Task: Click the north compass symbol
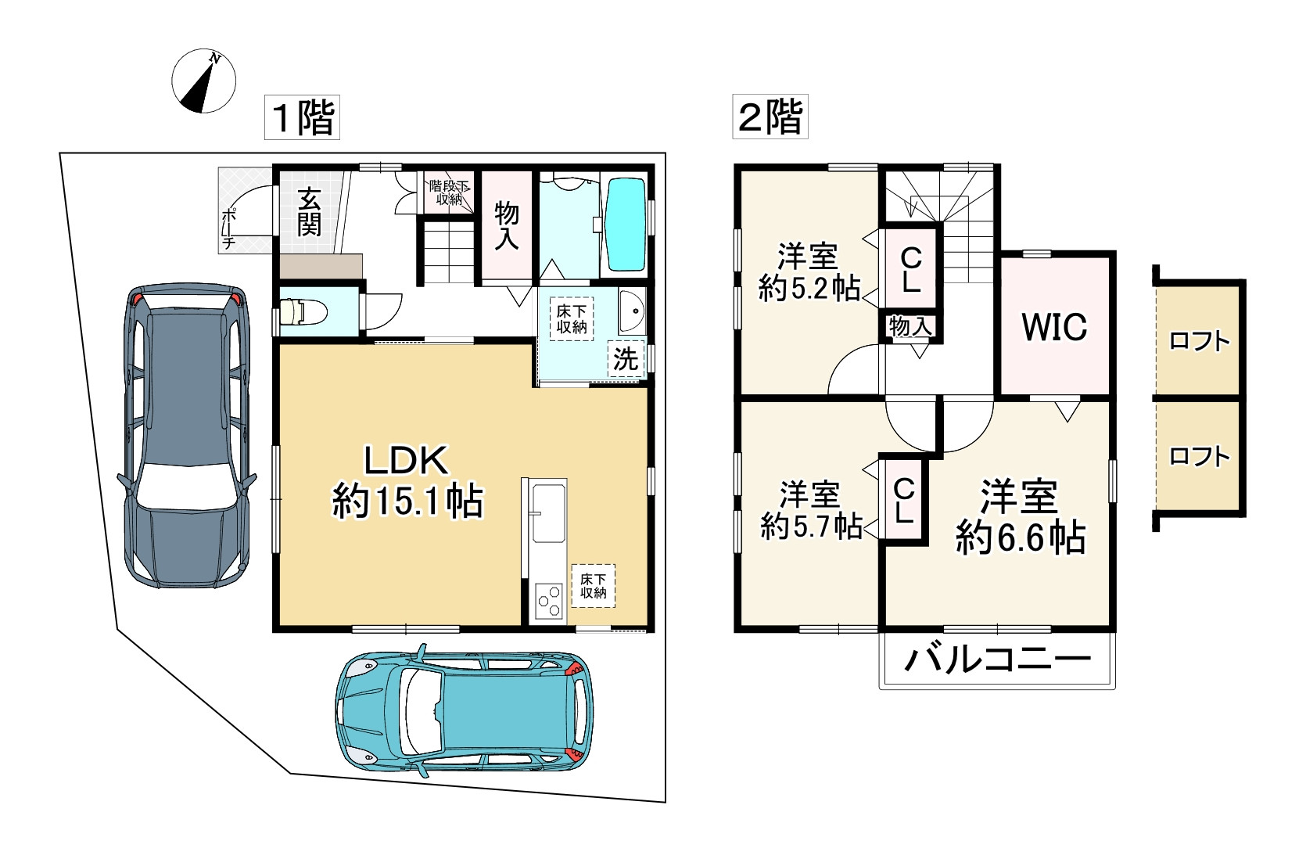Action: point(203,81)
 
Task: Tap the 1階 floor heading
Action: point(302,117)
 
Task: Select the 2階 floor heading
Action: point(770,117)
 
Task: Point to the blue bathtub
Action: point(626,224)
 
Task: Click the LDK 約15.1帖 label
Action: point(407,480)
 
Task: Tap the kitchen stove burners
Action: point(549,600)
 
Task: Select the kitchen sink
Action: point(548,512)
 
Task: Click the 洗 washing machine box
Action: point(625,358)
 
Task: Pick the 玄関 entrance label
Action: point(308,212)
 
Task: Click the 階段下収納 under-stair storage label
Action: point(449,192)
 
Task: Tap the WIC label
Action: point(1054,326)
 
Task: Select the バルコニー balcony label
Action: point(997,660)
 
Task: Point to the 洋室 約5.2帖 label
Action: point(809,272)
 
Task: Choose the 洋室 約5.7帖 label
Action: point(811,510)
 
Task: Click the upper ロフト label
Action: point(1200,340)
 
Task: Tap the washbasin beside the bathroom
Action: point(632,311)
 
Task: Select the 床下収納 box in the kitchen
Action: point(593,586)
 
